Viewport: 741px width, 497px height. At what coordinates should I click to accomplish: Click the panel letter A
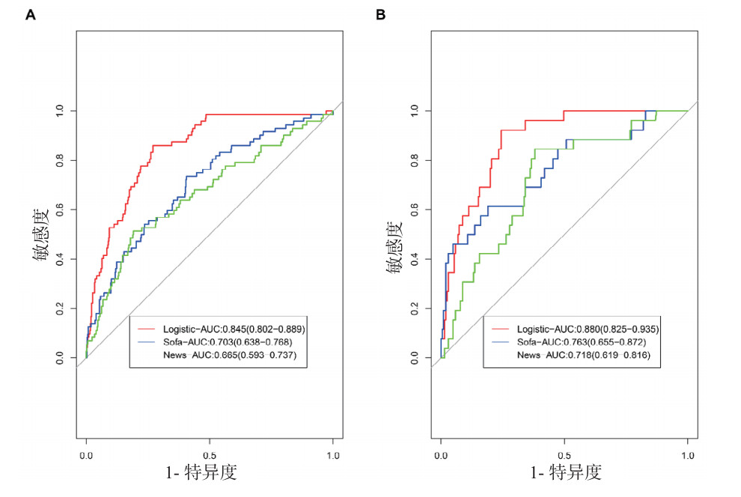point(31,14)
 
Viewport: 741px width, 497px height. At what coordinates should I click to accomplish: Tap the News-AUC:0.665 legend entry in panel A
point(229,355)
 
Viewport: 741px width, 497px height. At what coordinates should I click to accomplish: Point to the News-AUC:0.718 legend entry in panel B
point(582,355)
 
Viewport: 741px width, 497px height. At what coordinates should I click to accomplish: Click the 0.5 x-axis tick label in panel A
point(210,454)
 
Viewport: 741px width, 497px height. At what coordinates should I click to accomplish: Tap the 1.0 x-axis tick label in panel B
point(688,454)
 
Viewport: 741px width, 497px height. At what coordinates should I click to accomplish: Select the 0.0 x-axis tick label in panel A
point(86,454)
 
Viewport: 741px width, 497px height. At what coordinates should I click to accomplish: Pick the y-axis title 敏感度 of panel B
point(396,234)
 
